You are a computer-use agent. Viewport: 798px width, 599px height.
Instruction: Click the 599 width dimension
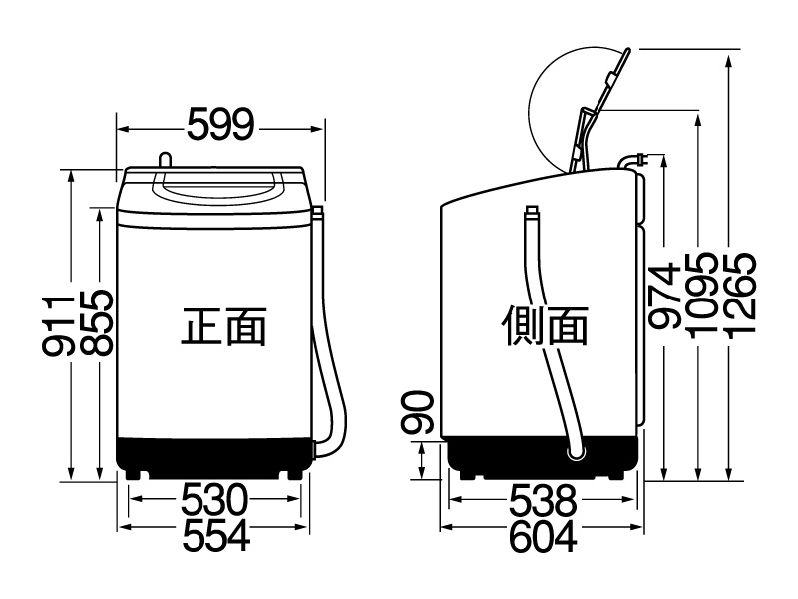tap(220, 124)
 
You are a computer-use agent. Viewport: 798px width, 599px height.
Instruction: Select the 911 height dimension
tap(58, 324)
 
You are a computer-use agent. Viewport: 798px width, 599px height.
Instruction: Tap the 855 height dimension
tap(96, 322)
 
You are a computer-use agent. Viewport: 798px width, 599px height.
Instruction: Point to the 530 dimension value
tap(214, 500)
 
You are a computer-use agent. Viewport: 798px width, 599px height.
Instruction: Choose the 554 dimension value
tap(216, 535)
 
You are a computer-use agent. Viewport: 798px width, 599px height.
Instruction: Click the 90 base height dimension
tap(417, 412)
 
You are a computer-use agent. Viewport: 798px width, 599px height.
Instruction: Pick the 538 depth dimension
tap(543, 500)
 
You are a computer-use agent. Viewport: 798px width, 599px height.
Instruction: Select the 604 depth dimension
tap(543, 536)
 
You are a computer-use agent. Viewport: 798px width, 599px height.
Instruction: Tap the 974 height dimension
tap(665, 296)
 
